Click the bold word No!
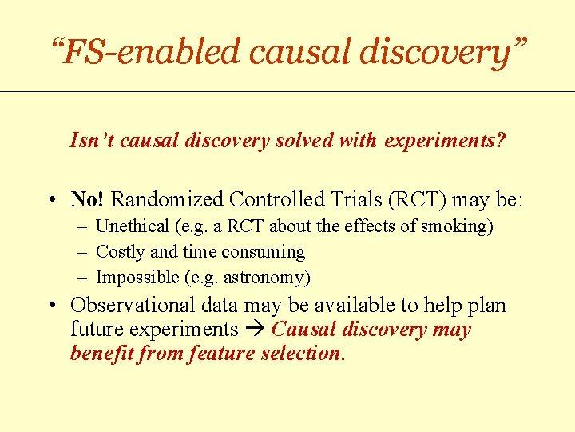(x=88, y=198)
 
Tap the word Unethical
(x=133, y=226)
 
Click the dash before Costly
(x=82, y=252)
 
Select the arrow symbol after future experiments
(x=255, y=330)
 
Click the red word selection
(x=303, y=354)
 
